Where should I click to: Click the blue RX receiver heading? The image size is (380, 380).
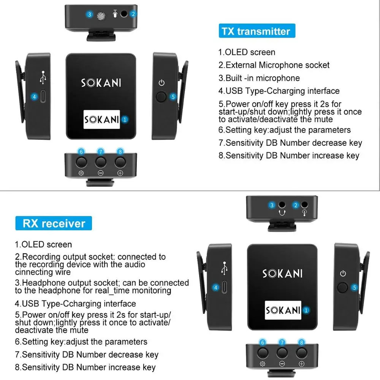pyautogui.click(x=54, y=223)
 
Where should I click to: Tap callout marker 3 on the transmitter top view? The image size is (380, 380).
pyautogui.click(x=89, y=15)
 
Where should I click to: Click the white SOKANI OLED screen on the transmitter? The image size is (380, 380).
pyautogui.click(x=101, y=119)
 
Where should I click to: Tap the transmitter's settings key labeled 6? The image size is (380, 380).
pyautogui.click(x=81, y=162)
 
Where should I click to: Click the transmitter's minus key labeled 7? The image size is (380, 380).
pyautogui.click(x=101, y=162)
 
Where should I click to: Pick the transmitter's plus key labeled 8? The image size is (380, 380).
pyautogui.click(x=120, y=162)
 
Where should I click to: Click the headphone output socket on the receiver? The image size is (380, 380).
pyautogui.click(x=282, y=206)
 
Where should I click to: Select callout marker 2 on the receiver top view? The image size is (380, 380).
pyautogui.click(x=296, y=205)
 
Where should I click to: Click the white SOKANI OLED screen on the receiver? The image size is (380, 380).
pyautogui.click(x=283, y=310)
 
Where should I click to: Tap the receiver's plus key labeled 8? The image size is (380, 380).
pyautogui.click(x=301, y=353)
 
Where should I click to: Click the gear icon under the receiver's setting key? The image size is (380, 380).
pyautogui.click(x=262, y=364)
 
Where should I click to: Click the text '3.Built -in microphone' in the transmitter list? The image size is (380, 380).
pyautogui.click(x=259, y=78)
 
